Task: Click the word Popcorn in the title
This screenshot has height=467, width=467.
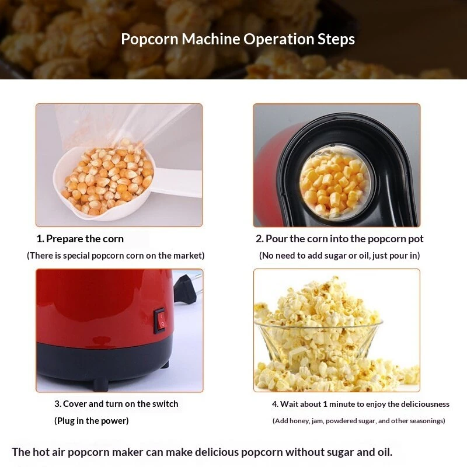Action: click(149, 39)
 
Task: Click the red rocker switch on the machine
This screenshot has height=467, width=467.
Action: click(160, 320)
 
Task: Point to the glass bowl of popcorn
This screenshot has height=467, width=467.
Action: click(319, 343)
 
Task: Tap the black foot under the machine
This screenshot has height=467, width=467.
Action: click(100, 384)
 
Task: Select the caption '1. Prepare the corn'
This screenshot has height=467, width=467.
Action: click(80, 239)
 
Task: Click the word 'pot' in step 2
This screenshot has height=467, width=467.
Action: click(416, 239)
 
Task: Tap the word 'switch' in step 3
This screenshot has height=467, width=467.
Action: click(165, 404)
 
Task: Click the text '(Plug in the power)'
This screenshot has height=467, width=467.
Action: click(92, 421)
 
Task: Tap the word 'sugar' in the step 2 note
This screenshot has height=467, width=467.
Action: click(336, 256)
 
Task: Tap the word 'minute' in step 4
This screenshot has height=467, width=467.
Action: click(341, 404)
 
